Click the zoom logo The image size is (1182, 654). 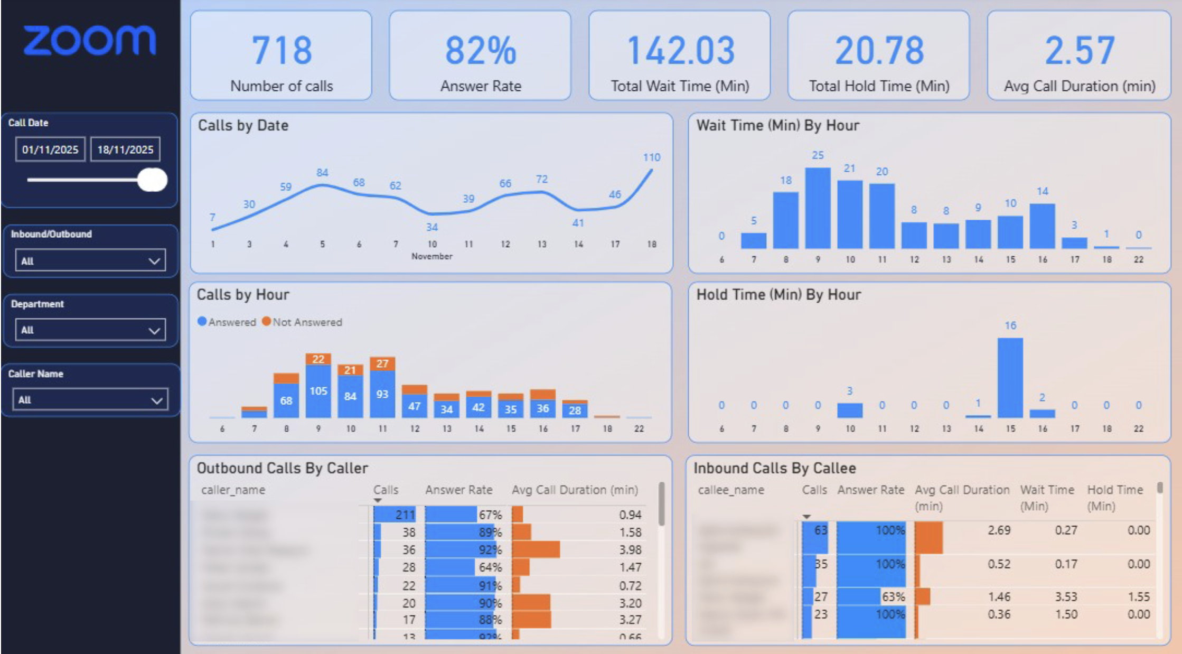(x=90, y=41)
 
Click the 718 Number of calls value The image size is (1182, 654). (x=282, y=51)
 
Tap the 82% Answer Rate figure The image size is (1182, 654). (x=480, y=51)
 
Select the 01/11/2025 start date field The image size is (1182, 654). (x=50, y=150)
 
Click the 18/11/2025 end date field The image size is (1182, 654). (x=125, y=150)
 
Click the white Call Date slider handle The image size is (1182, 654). (x=152, y=180)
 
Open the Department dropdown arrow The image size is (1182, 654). (x=154, y=331)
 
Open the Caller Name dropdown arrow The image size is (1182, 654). (x=157, y=400)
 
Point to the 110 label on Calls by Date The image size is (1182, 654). (x=651, y=157)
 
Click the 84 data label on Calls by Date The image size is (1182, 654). (x=322, y=173)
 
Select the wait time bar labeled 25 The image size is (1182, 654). (x=818, y=208)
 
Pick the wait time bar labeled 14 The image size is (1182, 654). (x=1042, y=226)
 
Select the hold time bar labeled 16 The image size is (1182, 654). (x=1010, y=378)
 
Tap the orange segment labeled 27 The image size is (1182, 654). (x=382, y=363)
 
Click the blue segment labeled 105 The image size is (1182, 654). (x=318, y=391)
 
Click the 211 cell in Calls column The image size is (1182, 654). (x=405, y=515)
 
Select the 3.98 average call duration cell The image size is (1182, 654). (x=630, y=550)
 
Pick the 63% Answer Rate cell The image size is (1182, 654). (x=893, y=597)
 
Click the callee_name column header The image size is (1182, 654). (x=731, y=490)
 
